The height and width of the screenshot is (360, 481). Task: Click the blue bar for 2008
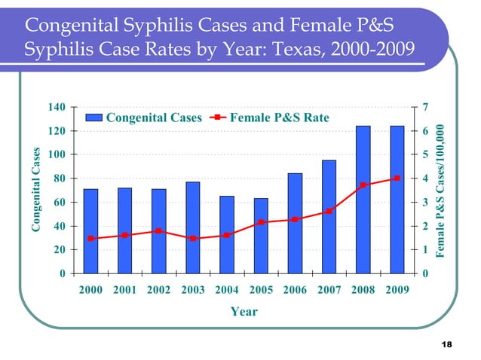click(363, 199)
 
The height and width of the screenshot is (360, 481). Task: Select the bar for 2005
click(261, 235)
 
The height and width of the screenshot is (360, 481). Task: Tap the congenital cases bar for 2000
click(90, 230)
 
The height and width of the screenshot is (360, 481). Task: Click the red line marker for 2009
click(397, 178)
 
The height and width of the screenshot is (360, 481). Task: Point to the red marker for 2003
click(193, 238)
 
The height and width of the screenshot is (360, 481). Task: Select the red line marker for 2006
click(295, 219)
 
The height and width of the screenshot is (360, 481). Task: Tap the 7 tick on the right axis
click(427, 108)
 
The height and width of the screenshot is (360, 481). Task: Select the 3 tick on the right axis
click(427, 203)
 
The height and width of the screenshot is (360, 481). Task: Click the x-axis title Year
click(244, 312)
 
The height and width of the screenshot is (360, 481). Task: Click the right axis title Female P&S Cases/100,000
click(444, 193)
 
